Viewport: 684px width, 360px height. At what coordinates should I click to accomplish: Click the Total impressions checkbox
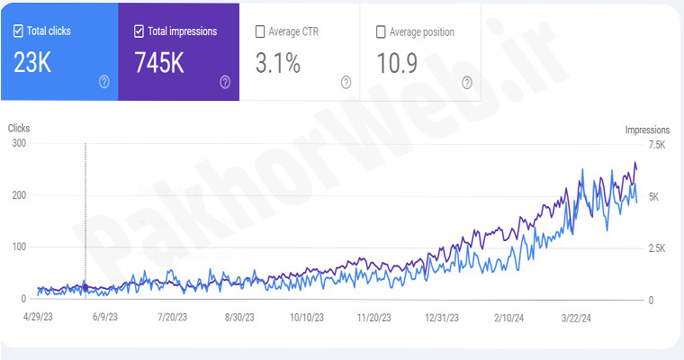[139, 31]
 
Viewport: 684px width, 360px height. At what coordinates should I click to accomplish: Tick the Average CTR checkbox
[260, 31]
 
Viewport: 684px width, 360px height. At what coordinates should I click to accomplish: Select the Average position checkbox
[381, 31]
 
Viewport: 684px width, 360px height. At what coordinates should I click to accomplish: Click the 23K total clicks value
[32, 62]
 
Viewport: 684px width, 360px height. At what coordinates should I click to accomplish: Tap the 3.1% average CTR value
[279, 62]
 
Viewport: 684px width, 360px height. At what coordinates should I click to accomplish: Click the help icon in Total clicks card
[103, 82]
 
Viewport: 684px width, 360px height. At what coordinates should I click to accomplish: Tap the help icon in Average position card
[467, 82]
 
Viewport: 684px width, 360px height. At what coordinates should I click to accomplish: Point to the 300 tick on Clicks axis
[18, 144]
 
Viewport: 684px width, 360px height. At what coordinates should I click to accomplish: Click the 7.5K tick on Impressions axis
[656, 144]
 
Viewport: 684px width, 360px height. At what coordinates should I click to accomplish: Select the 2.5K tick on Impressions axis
[656, 247]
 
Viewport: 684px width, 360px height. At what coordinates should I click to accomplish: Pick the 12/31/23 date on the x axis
[441, 318]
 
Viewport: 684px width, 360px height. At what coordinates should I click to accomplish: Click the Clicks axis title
[19, 129]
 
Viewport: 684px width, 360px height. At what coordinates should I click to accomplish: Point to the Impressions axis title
[648, 130]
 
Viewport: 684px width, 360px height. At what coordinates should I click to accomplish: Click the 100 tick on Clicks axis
[18, 247]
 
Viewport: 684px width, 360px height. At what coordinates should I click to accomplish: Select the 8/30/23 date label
[240, 318]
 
